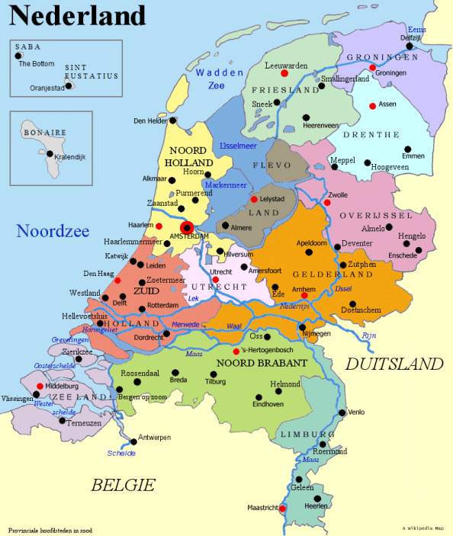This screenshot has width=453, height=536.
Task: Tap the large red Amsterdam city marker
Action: tap(187, 226)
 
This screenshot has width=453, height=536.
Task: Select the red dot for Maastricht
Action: tap(282, 508)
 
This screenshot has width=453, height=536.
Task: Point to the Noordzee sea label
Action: tap(53, 231)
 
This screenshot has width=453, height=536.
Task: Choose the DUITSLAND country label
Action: tap(394, 364)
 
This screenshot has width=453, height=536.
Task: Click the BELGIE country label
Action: tap(123, 484)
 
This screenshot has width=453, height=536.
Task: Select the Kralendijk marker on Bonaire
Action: tap(50, 153)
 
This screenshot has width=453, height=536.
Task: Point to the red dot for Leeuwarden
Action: tap(284, 73)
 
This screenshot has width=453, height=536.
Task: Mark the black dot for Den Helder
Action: tap(174, 120)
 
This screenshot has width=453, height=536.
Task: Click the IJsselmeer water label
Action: tap(238, 144)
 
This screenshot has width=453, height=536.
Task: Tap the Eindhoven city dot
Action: tap(259, 396)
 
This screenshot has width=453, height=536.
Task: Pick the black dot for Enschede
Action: tap(418, 248)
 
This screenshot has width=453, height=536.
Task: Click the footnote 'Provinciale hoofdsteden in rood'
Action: tap(50, 529)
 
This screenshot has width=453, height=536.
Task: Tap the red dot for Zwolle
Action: tap(326, 203)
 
